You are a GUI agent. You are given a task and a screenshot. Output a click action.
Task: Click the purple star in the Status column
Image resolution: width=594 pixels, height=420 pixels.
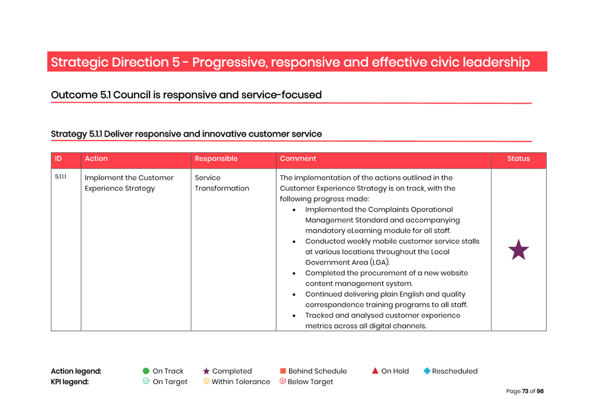point(518,250)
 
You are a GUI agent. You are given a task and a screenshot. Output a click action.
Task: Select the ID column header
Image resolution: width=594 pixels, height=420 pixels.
point(59,159)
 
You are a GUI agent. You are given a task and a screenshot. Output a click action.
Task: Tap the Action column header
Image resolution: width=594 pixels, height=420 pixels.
point(96,159)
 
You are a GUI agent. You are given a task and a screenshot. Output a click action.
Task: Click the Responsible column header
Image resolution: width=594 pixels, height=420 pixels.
point(216,159)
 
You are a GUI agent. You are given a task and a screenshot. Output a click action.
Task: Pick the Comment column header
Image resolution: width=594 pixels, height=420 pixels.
point(297,159)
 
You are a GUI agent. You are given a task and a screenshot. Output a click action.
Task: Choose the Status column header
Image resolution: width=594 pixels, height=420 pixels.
point(518,159)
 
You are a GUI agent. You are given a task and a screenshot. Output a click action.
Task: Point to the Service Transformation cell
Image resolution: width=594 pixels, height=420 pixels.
point(221,183)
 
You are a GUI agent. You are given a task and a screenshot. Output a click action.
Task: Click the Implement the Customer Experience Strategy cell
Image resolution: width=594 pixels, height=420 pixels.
point(129,183)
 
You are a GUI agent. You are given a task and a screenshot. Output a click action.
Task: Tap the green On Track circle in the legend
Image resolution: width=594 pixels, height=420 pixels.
point(146,371)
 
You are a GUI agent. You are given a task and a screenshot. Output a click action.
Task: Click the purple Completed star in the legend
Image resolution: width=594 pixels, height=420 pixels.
point(206,371)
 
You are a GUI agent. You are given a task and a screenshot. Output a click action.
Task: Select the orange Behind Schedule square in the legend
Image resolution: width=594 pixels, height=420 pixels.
point(283,371)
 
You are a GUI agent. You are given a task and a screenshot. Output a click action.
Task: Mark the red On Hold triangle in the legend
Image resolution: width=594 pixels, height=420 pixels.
point(375,371)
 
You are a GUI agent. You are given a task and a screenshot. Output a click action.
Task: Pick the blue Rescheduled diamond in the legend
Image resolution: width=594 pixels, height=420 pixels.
point(426,371)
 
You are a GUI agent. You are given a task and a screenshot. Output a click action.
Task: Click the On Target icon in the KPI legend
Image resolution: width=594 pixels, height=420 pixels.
point(146,381)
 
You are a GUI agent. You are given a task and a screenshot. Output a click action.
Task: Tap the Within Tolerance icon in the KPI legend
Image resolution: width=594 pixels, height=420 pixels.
point(206,381)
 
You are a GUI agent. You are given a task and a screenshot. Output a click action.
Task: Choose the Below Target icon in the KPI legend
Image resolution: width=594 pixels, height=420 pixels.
point(283,381)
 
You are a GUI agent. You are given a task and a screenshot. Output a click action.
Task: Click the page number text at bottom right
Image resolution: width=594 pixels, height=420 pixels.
point(525,391)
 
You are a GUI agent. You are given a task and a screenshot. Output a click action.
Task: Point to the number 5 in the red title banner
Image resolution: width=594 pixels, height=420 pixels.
point(176,63)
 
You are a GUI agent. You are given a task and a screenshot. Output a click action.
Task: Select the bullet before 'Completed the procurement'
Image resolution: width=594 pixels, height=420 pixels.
point(295,273)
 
